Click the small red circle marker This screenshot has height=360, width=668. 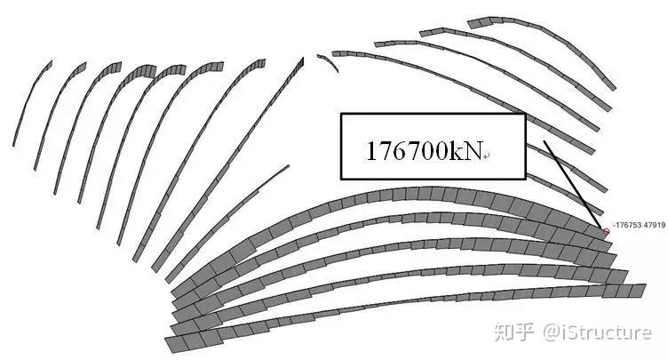pyautogui.click(x=607, y=231)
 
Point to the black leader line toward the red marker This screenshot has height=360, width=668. pyautogui.click(x=573, y=182)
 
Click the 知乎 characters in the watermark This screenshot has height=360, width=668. pyautogui.click(x=517, y=333)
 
